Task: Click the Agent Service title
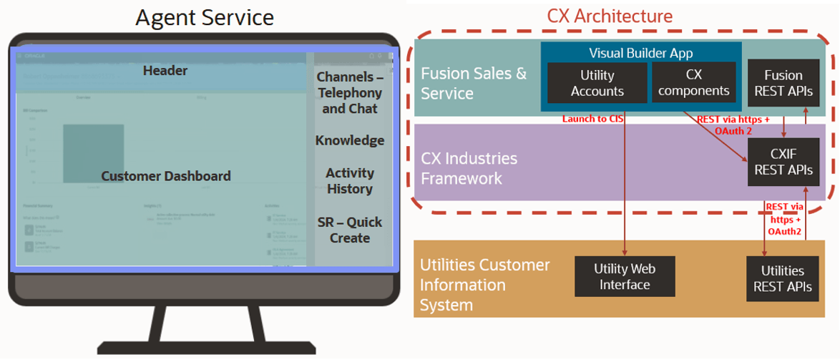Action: click(204, 16)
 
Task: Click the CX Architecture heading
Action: click(609, 16)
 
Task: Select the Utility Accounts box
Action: click(597, 82)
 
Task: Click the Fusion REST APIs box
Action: click(783, 82)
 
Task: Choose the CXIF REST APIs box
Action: click(783, 162)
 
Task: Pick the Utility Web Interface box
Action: click(625, 276)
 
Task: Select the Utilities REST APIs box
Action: click(783, 278)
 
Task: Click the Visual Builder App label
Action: click(640, 53)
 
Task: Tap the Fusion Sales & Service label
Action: click(474, 83)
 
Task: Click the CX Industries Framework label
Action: click(469, 167)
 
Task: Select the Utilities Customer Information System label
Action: click(484, 285)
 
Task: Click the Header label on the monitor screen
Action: click(165, 70)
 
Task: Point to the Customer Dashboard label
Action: click(165, 176)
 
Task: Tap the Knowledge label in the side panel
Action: click(349, 140)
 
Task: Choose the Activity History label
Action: click(349, 181)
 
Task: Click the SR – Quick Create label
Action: click(349, 230)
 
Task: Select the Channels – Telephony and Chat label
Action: click(349, 92)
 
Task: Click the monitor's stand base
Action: click(203, 346)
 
